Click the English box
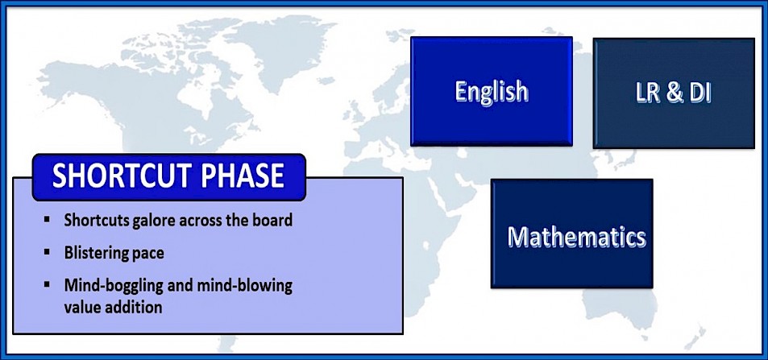492,91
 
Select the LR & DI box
674,93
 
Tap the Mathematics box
571,233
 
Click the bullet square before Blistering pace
47,252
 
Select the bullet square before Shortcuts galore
47,219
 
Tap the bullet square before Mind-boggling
47,284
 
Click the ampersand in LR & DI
675,93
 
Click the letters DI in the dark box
700,93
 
